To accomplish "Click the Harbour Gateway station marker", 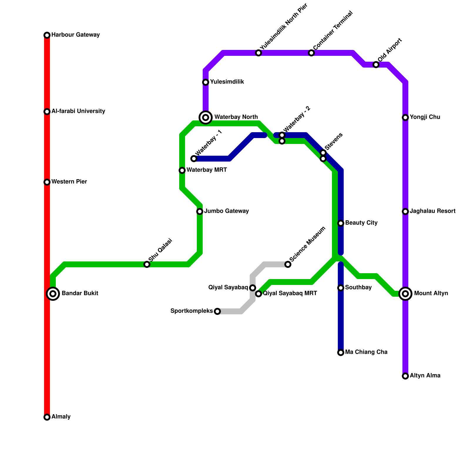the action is click(47, 35).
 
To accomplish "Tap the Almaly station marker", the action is click(47, 417).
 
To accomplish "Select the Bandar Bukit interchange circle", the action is click(53, 293).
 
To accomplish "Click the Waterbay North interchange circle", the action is click(206, 117).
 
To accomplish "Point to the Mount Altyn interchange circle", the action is click(405, 293).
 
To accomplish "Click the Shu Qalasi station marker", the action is click(147, 264).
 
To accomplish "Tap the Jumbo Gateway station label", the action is click(226, 211).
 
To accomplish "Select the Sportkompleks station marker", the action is click(217, 311).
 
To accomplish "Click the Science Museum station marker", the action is click(288, 264).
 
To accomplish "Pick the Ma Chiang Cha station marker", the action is click(341, 352).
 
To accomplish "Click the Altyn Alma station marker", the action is click(405, 376).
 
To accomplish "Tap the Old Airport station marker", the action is click(376, 65).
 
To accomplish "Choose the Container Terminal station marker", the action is click(311, 53).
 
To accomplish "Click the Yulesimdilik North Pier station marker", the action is click(258, 53).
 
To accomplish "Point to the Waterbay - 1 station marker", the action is click(194, 159).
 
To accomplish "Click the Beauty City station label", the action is click(361, 223).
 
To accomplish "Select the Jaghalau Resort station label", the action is click(432, 211).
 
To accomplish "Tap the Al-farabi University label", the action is click(78, 111).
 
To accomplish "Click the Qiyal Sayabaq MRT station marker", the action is click(258, 294).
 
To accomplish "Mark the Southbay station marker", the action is click(341, 288).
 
